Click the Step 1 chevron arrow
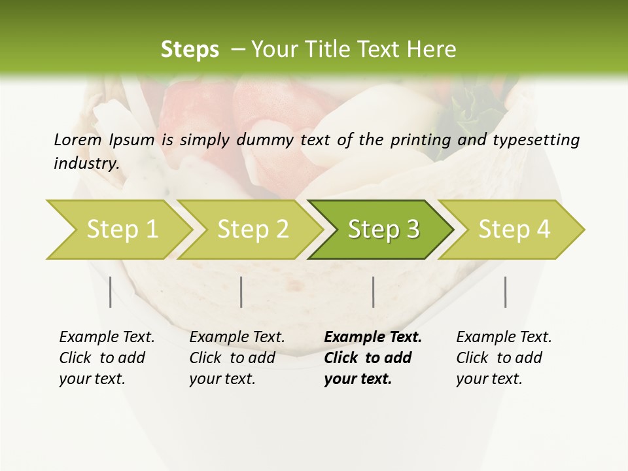coord(122,230)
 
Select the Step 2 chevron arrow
coord(253,230)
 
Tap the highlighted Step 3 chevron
coord(383,230)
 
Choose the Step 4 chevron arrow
coord(514,230)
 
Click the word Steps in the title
coord(190,50)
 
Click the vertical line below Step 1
coord(110,292)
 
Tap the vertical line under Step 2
coord(241,292)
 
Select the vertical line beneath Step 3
coord(373,292)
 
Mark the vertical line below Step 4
coord(506,292)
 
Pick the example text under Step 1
coord(107,358)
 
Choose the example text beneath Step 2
coord(237,358)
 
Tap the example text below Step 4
coord(504,358)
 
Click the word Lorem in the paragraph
coord(77,140)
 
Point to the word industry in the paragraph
coord(86,164)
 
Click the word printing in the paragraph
coord(417,140)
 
